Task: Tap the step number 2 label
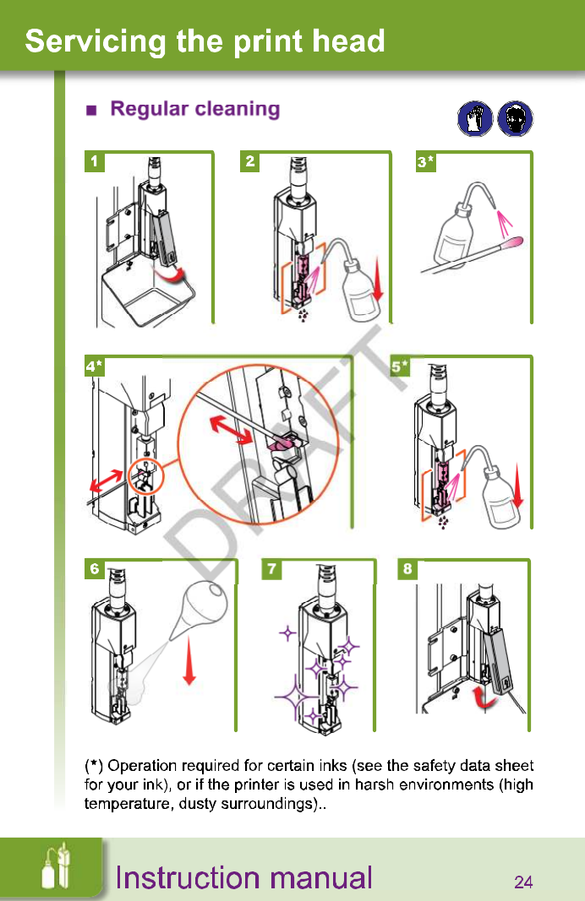pyautogui.click(x=249, y=161)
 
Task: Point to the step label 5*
pyautogui.click(x=400, y=366)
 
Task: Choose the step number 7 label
pyautogui.click(x=271, y=569)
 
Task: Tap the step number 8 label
pyautogui.click(x=407, y=569)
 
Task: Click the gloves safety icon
pyautogui.click(x=474, y=118)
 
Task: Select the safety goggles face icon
pyautogui.click(x=516, y=118)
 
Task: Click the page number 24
pyautogui.click(x=523, y=882)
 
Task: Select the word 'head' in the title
pyautogui.click(x=347, y=41)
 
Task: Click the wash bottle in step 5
pyautogui.click(x=499, y=498)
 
